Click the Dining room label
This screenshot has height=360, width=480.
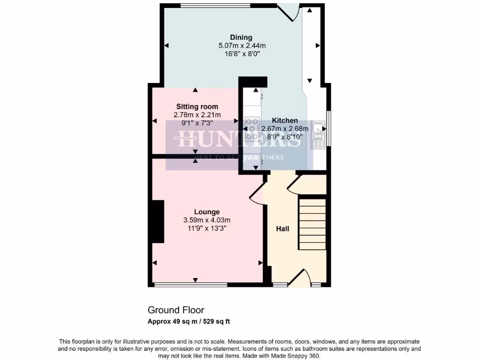[x=241, y=37]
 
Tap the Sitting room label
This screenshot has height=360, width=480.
[x=197, y=107]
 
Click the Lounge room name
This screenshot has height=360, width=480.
[x=207, y=212]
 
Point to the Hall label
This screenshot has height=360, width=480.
[x=282, y=229]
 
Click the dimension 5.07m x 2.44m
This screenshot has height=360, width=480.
[x=242, y=46]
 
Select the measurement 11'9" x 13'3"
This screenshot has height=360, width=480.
[x=207, y=228]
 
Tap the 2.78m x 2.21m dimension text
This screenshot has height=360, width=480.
[x=197, y=115]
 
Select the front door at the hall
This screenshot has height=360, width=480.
[x=300, y=280]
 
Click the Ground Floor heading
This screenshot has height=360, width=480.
[x=176, y=310]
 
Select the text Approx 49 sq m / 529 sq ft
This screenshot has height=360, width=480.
[x=189, y=322]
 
